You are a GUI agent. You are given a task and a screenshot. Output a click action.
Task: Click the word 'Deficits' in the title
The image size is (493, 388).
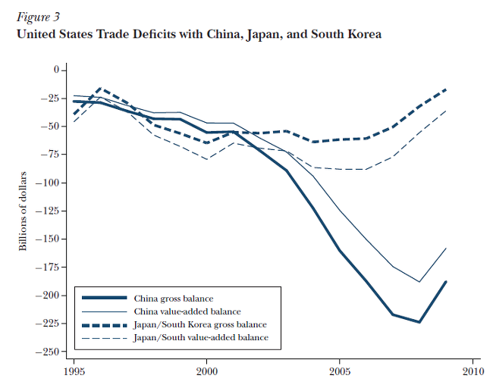click(x=162, y=35)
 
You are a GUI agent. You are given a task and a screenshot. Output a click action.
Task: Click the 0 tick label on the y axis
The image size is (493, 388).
click(x=55, y=70)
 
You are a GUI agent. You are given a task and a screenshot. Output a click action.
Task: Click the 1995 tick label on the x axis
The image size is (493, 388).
click(x=74, y=372)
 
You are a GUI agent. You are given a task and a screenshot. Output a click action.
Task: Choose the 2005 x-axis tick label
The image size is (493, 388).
click(x=339, y=372)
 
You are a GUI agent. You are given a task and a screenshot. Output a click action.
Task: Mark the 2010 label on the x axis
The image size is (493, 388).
click(x=472, y=372)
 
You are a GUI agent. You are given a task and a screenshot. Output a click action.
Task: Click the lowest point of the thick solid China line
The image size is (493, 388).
click(x=419, y=322)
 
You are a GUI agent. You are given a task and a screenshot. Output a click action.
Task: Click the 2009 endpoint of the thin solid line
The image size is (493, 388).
click(x=445, y=248)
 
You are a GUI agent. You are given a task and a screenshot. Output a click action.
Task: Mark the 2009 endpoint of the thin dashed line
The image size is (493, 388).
click(x=445, y=111)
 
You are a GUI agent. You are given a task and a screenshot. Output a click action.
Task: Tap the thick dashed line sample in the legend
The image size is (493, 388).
click(x=104, y=324)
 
